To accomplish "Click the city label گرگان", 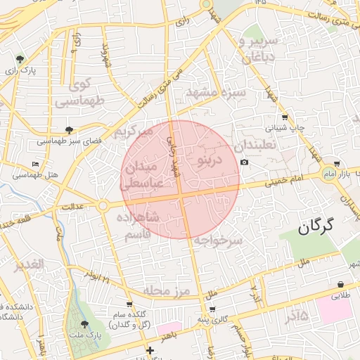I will (314, 226).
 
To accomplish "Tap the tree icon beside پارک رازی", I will (19, 59).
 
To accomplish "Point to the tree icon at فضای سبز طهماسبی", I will (69, 130).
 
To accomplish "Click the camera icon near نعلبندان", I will (244, 162).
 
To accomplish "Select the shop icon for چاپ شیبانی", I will (284, 117).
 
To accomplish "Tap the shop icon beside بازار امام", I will (337, 163).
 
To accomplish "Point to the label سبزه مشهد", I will (216, 92).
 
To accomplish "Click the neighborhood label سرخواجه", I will (218, 240).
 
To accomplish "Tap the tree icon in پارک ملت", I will (85, 324).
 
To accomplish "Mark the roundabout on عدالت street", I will (103, 205).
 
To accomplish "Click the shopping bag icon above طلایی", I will (341, 285).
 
